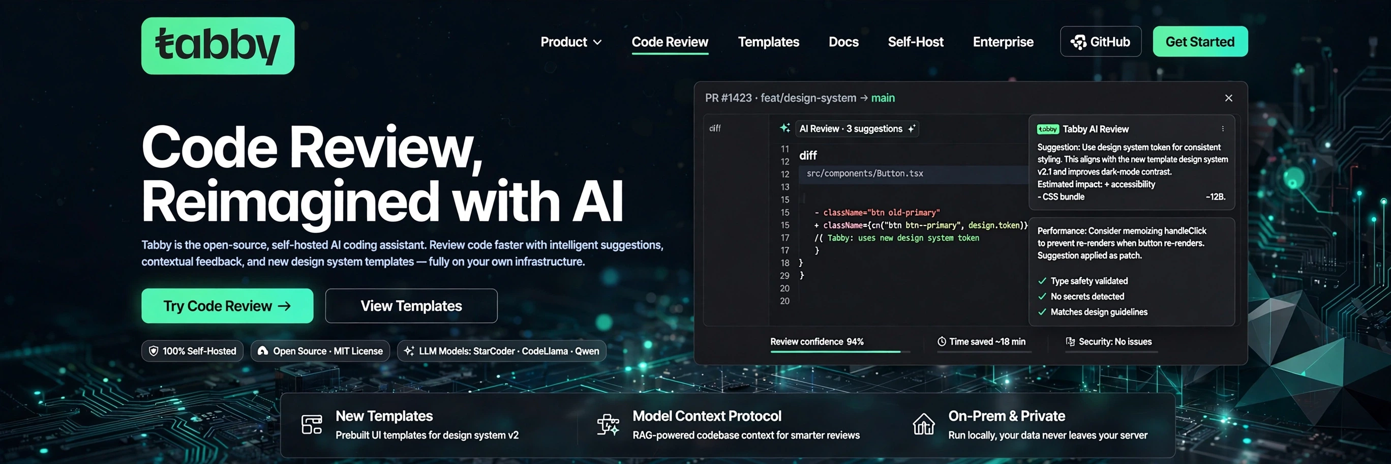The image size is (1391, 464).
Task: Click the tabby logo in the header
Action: coord(218,45)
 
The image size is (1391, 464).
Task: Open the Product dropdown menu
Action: coord(571,42)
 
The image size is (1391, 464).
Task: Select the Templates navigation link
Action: coord(768,42)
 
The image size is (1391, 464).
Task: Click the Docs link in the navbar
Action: coord(843,42)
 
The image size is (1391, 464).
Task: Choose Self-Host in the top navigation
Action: coord(915,42)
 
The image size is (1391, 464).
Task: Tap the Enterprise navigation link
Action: coord(1003,42)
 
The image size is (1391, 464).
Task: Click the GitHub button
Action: coord(1101,42)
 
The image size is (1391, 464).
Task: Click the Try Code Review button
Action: coord(227,306)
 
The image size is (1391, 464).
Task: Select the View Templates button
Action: coord(411,306)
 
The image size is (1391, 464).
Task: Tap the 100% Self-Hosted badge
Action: coord(192,351)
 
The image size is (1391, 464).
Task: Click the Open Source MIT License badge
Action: coord(320,351)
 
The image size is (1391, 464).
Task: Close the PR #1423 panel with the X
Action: coord(1228,98)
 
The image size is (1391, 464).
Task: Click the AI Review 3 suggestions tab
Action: coord(850,129)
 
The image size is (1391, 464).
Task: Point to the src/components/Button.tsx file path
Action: coord(864,173)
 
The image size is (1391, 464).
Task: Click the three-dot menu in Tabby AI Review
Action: coord(1223,129)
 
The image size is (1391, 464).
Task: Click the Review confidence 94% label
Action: coord(817,341)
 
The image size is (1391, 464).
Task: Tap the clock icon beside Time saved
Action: coord(942,341)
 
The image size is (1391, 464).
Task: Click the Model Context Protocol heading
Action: coord(707,416)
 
